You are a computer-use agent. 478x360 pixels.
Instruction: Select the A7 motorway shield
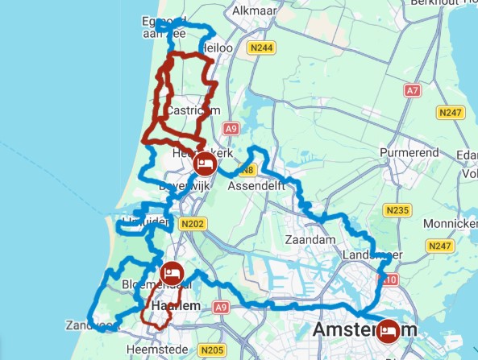coord(412,91)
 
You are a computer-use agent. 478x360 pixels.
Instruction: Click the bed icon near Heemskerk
coord(205,166)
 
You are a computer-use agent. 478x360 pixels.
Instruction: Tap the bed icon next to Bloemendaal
coord(172,273)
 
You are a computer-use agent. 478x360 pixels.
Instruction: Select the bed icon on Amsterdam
coord(390,330)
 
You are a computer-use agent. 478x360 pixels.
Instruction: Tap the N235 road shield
coord(397,211)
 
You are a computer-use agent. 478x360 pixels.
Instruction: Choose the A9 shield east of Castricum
coord(231,129)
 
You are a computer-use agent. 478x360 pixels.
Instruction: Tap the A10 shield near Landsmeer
coord(389,279)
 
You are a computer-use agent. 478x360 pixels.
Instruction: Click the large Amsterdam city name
coord(364,330)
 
